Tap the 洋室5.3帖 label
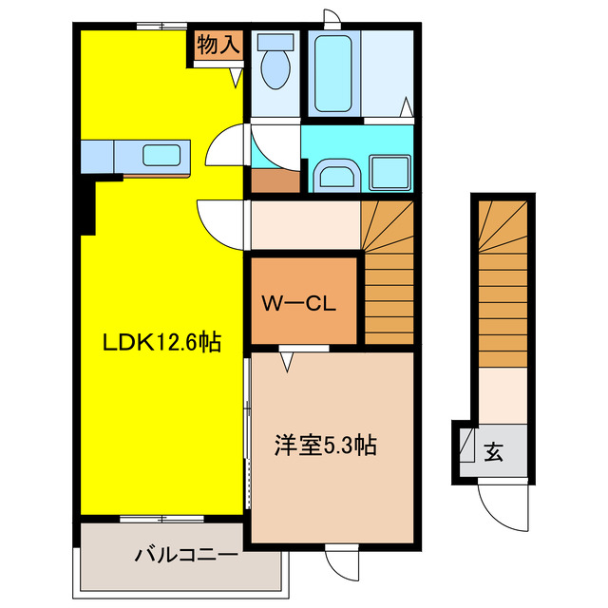326,445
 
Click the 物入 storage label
218,45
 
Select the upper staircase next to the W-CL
388,272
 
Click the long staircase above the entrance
501,285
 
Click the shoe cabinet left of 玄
467,447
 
